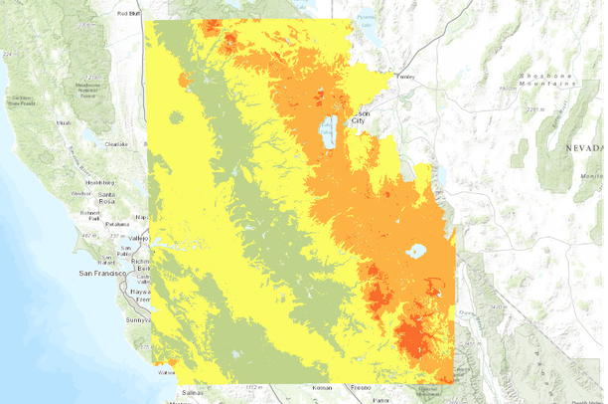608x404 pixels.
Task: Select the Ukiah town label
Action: coord(65,122)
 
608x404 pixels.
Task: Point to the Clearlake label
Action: coord(116,144)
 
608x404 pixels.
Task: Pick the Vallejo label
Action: coord(137,239)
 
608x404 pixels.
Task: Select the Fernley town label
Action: coord(404,77)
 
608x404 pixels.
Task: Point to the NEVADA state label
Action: coord(584,146)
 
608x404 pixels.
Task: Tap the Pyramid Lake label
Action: coord(367,18)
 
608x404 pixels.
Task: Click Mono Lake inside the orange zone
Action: coord(415,251)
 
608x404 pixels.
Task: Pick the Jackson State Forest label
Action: coord(22,101)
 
